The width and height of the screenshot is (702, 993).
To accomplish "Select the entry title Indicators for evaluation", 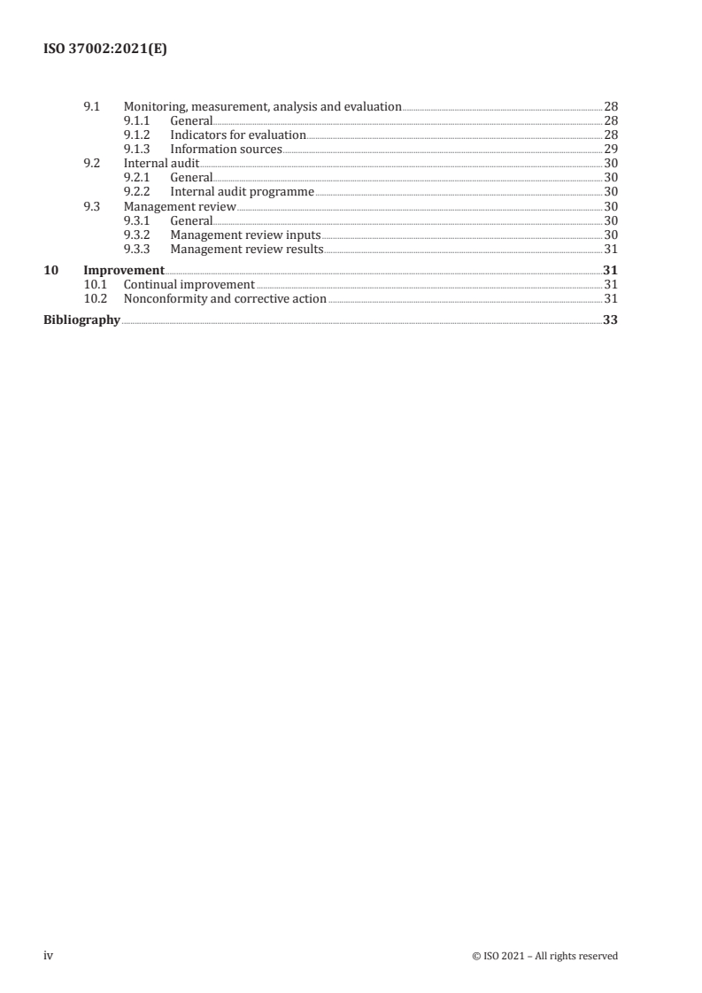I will click(238, 135).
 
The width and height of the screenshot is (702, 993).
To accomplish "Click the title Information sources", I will click(226, 149).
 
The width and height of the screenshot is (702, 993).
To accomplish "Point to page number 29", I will click(610, 149).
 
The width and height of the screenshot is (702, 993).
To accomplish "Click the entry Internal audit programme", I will click(242, 191).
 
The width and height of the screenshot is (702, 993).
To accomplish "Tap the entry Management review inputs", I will click(245, 235).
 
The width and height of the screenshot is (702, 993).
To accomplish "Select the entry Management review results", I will click(246, 249).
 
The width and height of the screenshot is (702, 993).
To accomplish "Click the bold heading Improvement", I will click(123, 270).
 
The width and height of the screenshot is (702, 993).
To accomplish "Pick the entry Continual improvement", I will click(189, 285).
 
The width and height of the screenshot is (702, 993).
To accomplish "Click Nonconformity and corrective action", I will click(225, 299).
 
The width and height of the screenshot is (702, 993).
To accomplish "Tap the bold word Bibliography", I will click(81, 320).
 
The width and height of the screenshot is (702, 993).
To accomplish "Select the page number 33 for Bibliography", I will click(610, 320).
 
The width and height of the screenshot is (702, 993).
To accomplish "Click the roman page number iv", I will click(49, 955).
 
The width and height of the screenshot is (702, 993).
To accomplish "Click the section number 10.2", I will click(95, 299).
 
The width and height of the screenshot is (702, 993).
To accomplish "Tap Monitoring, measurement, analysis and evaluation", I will click(262, 106).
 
